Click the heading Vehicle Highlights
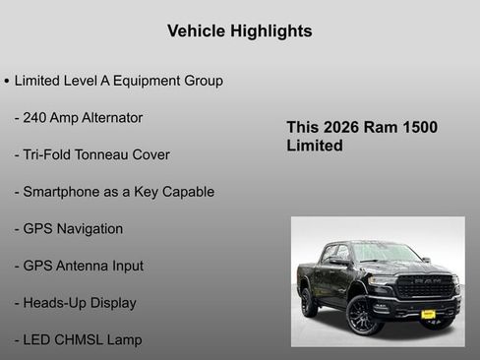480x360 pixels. (240, 31)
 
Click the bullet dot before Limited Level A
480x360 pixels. (7, 81)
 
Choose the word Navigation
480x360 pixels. (90, 229)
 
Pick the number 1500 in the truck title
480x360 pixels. (416, 128)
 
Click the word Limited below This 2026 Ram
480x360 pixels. (315, 146)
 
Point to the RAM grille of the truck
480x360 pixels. (426, 286)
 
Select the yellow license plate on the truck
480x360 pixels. (428, 314)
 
